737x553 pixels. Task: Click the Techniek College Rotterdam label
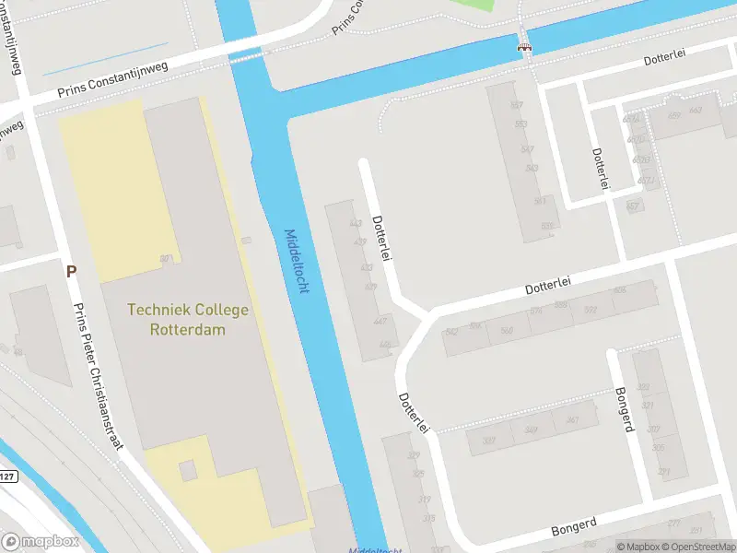[x=188, y=319]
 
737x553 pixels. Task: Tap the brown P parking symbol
[x=71, y=272]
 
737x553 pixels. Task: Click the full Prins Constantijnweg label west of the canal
[x=111, y=84]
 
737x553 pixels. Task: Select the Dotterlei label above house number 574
[x=549, y=288]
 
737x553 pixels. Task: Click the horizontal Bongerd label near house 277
[x=574, y=527]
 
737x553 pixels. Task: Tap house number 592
[x=590, y=309]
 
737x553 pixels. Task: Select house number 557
[x=517, y=105]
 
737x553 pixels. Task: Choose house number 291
[x=663, y=472]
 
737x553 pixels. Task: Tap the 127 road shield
[x=7, y=477]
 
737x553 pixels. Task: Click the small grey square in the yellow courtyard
[x=188, y=471]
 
